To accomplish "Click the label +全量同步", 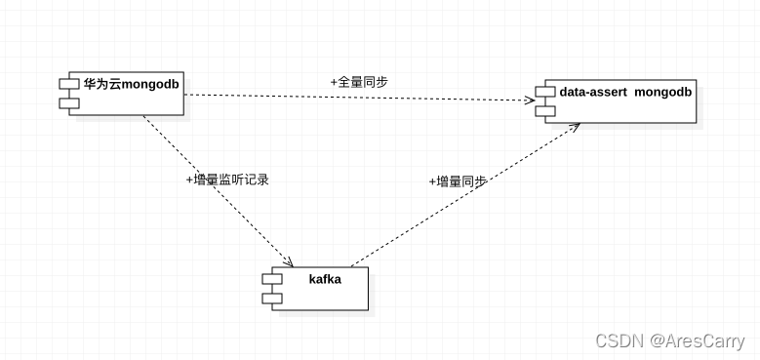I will click(x=359, y=82).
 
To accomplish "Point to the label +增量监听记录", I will click(x=226, y=180).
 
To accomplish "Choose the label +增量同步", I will click(x=458, y=181).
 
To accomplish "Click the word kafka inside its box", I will click(x=325, y=279).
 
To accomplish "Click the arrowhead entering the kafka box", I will click(x=290, y=262).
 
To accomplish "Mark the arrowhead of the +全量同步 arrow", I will click(x=528, y=100).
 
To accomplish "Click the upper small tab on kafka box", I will click(x=271, y=280).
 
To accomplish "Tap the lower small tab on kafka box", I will click(x=271, y=297).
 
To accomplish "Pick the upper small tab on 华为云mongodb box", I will click(x=68, y=85).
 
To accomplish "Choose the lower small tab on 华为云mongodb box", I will click(x=68, y=101).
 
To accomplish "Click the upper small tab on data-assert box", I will click(x=544, y=94).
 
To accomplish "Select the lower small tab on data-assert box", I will click(x=544, y=110).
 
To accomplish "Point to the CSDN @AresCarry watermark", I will click(x=668, y=340).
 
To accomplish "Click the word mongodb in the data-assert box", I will click(x=663, y=93).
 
